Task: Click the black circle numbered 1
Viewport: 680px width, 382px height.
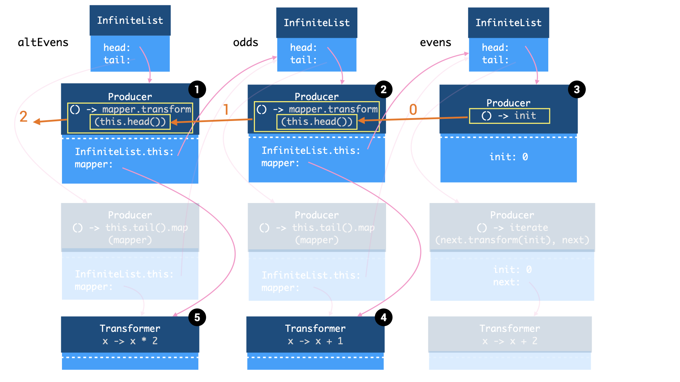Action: pyautogui.click(x=197, y=89)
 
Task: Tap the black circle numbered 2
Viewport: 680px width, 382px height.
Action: pyautogui.click(x=384, y=89)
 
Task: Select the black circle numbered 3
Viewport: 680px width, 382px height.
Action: pyautogui.click(x=577, y=89)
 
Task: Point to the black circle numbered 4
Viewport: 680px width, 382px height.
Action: pyautogui.click(x=384, y=317)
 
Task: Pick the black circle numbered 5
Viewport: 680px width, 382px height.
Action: pyautogui.click(x=197, y=317)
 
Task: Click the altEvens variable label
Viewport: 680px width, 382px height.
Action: pyautogui.click(x=43, y=42)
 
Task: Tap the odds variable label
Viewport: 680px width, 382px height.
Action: pyautogui.click(x=245, y=42)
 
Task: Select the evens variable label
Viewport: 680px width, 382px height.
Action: pyautogui.click(x=435, y=42)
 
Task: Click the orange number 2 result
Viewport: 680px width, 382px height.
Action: pyautogui.click(x=23, y=117)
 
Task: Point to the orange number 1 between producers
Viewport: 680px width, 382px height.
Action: pyautogui.click(x=226, y=110)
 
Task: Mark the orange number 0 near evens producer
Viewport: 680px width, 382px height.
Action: pyautogui.click(x=413, y=110)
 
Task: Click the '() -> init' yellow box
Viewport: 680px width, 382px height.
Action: pyautogui.click(x=509, y=116)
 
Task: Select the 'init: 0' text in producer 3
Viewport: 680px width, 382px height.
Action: pyautogui.click(x=509, y=157)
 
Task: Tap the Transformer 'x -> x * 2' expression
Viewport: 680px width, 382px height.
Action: pyautogui.click(x=130, y=341)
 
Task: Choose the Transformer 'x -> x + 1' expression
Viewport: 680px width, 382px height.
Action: pyautogui.click(x=315, y=341)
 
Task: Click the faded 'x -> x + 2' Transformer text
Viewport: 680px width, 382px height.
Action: pyautogui.click(x=510, y=341)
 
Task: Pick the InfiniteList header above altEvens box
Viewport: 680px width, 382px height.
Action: pyautogui.click(x=130, y=21)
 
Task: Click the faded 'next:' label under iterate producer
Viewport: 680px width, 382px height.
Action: pyautogui.click(x=506, y=282)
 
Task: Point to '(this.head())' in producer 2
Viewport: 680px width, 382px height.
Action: pyautogui.click(x=317, y=122)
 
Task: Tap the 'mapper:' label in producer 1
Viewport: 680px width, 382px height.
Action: pyautogui.click(x=93, y=164)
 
